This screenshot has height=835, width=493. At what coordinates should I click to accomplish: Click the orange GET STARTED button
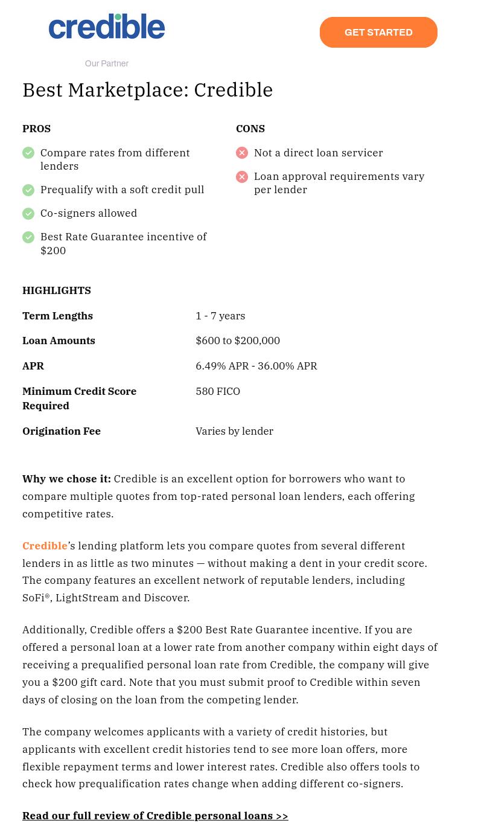coord(378,33)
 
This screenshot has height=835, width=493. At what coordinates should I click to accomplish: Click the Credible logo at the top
coord(107,27)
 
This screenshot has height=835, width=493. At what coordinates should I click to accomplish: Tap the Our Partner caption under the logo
coord(107,63)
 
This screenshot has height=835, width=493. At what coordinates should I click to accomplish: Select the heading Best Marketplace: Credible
coord(148,90)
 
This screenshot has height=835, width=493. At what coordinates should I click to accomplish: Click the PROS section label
coord(36,129)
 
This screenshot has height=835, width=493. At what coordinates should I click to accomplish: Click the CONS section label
coord(250,129)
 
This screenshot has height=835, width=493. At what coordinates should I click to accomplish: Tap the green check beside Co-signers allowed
coord(28,214)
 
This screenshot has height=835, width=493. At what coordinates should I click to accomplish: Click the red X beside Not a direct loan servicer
coord(242,153)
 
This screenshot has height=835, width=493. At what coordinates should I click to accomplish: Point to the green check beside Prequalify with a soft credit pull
coord(28,190)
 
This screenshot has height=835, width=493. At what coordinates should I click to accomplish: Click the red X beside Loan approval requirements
coord(242,177)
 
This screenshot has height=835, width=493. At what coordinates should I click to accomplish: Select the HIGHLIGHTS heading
coord(57,290)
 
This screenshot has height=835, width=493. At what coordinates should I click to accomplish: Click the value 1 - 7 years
coord(220,316)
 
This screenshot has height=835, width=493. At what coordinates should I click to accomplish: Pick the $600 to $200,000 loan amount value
coord(238,341)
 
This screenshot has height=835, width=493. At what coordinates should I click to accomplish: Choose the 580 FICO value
coord(218,391)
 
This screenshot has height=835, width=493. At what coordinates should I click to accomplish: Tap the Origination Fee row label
coord(62,431)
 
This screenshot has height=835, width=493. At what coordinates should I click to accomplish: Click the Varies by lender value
coord(234,431)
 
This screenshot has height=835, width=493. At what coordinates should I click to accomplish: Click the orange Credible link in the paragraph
coord(45,546)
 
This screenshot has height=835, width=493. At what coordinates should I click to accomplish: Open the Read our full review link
coord(155,816)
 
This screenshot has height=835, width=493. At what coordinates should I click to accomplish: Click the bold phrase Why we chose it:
coord(66,479)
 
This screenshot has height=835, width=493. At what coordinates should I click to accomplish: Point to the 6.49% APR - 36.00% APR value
coord(256,366)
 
